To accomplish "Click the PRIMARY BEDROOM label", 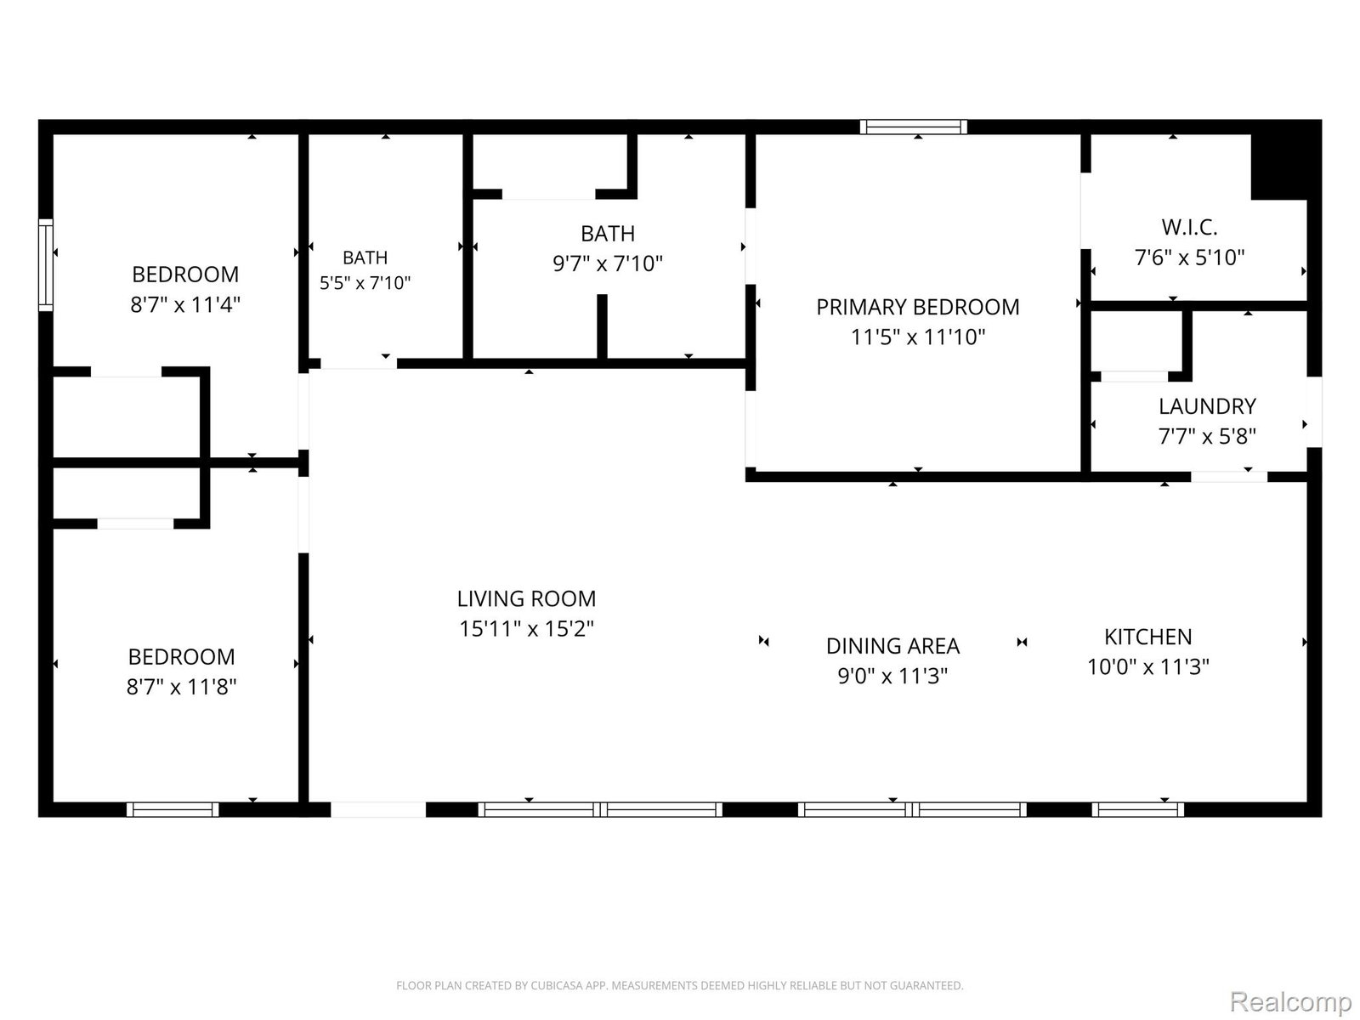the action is [x=917, y=307].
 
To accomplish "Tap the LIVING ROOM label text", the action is [x=526, y=599].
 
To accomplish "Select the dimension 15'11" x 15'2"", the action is [x=526, y=629].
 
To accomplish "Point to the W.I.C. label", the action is [x=1189, y=227].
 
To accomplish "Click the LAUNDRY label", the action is [x=1207, y=406].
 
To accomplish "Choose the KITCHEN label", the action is [x=1147, y=637].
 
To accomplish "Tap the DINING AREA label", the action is [x=892, y=646].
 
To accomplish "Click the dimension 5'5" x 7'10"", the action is [x=365, y=283].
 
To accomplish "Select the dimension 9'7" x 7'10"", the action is [x=607, y=263].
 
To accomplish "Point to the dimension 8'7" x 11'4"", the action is [x=184, y=304].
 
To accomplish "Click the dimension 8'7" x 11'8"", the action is [x=181, y=687].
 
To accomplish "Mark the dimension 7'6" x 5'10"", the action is [x=1189, y=257].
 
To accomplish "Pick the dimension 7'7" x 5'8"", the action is [x=1207, y=437].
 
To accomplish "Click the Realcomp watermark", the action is [x=1290, y=1001].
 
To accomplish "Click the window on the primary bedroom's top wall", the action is [x=913, y=127].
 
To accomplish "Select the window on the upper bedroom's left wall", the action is [x=46, y=264].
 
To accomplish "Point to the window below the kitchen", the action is [x=1137, y=809].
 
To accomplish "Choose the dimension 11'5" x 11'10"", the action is [x=917, y=337].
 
